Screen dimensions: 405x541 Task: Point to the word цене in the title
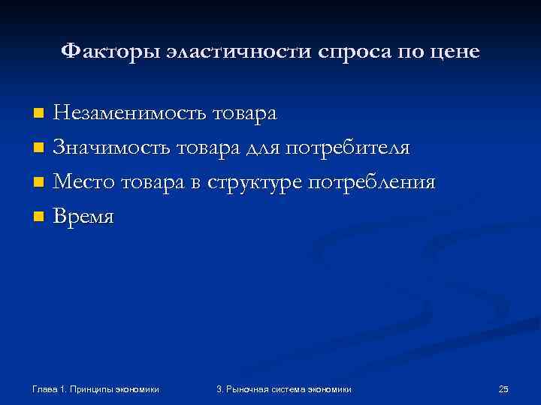click(454, 52)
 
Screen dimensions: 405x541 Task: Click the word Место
click(84, 182)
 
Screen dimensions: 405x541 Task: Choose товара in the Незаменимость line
click(245, 113)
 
